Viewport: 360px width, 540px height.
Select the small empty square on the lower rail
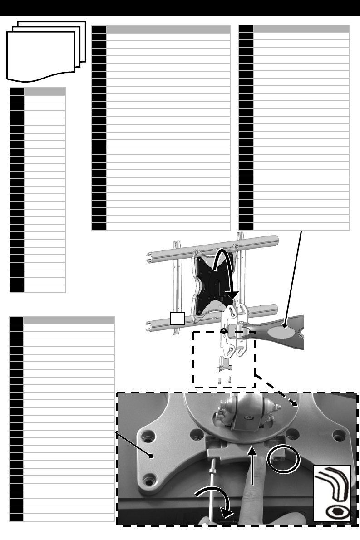pyautogui.click(x=178, y=318)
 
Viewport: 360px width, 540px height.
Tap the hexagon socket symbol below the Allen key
pyautogui.click(x=335, y=512)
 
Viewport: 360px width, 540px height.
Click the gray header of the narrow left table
pyautogui.click(x=44, y=91)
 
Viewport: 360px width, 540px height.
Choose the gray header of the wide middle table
pyautogui.click(x=167, y=29)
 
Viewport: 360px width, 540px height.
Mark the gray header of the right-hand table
pyautogui.click(x=301, y=29)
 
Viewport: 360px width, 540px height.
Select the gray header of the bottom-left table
pyautogui.click(x=69, y=320)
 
